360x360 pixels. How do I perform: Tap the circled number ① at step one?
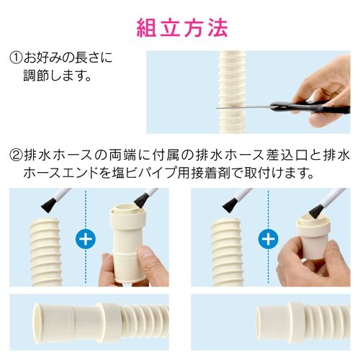17,55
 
